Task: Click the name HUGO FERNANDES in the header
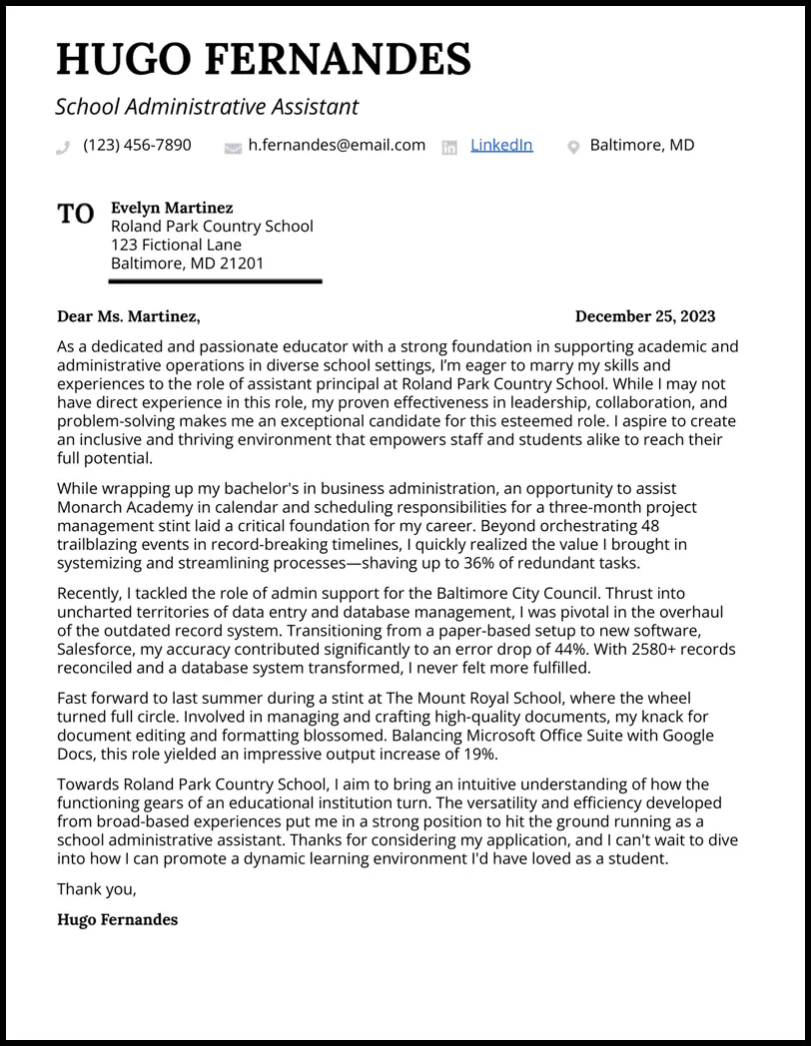tap(264, 60)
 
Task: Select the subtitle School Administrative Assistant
tap(207, 107)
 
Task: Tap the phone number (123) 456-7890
tap(137, 145)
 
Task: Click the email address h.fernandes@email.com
tap(337, 145)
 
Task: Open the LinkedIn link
tap(501, 145)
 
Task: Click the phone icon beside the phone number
tap(64, 147)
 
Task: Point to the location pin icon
tap(573, 147)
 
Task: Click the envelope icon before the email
tap(233, 147)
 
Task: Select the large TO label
tap(76, 214)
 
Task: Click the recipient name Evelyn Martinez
tap(172, 208)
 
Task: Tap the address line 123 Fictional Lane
tap(176, 245)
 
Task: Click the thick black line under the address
tap(215, 281)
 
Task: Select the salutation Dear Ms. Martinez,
tap(129, 316)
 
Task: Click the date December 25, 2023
tap(645, 316)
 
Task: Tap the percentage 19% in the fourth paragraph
tap(473, 754)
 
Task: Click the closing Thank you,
tap(97, 889)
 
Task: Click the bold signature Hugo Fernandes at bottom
tap(118, 919)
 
